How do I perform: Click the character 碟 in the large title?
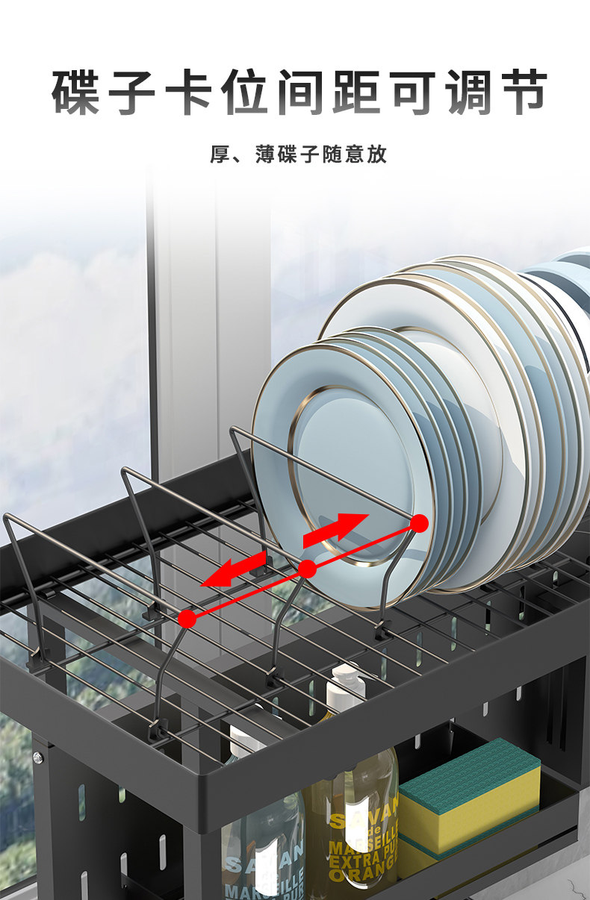pyautogui.click(x=75, y=93)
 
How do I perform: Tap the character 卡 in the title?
pyautogui.click(x=186, y=93)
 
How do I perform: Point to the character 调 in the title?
pyautogui.click(x=467, y=93)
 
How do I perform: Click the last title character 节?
pyautogui.click(x=523, y=93)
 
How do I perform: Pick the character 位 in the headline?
pyautogui.click(x=242, y=93)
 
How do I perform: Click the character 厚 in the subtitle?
pyautogui.click(x=220, y=155)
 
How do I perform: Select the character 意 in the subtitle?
pyautogui.click(x=355, y=155)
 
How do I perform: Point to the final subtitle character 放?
pyautogui.click(x=377, y=155)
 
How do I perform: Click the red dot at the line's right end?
pyautogui.click(x=420, y=524)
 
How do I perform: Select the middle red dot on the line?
pyautogui.click(x=307, y=569)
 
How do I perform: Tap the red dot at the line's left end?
pyautogui.click(x=187, y=618)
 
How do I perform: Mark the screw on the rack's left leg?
pyautogui.click(x=37, y=757)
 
